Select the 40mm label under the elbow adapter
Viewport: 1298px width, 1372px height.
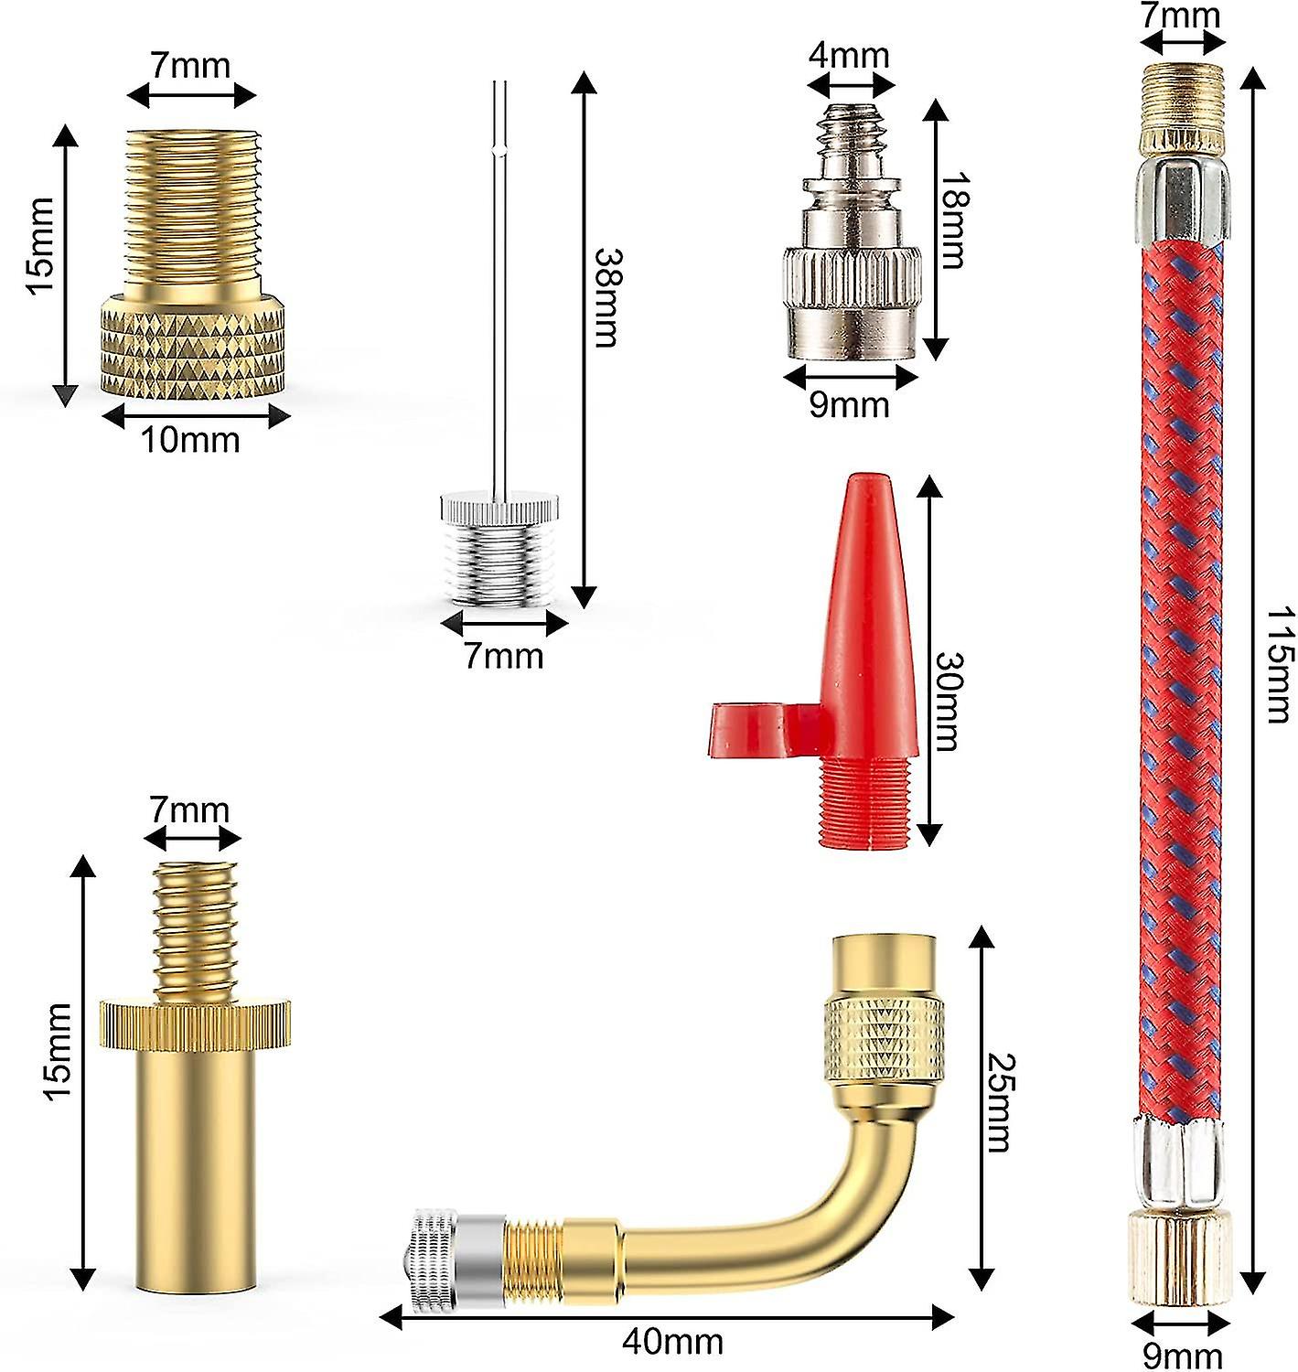[672, 1342]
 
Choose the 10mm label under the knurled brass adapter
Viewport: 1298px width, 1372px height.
[189, 440]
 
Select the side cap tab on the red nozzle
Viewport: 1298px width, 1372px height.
[743, 729]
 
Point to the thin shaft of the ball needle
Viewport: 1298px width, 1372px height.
[499, 274]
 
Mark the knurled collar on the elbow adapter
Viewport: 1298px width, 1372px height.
[883, 1040]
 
